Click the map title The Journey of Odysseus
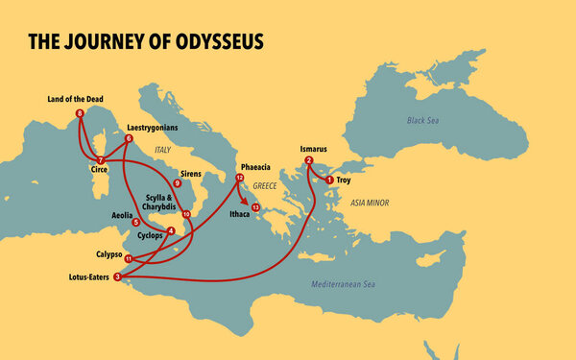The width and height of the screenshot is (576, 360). pos(145,42)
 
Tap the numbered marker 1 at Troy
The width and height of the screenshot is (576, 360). pos(329,180)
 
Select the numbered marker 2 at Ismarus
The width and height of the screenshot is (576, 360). pos(308,160)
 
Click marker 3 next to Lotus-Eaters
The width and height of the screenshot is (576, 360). pos(117,277)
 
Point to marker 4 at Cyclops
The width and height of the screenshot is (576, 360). pos(170,230)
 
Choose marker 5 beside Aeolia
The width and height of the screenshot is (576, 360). pos(135,222)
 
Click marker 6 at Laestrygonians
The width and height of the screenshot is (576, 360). pos(128,139)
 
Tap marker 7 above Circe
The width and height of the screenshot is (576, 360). pos(101,159)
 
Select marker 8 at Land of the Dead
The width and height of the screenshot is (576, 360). pos(79,113)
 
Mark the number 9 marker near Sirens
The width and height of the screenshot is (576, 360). pos(178,183)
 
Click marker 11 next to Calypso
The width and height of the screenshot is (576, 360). pos(128,258)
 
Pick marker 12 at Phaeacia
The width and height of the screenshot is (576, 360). pos(240,179)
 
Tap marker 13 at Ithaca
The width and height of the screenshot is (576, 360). pos(254,207)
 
